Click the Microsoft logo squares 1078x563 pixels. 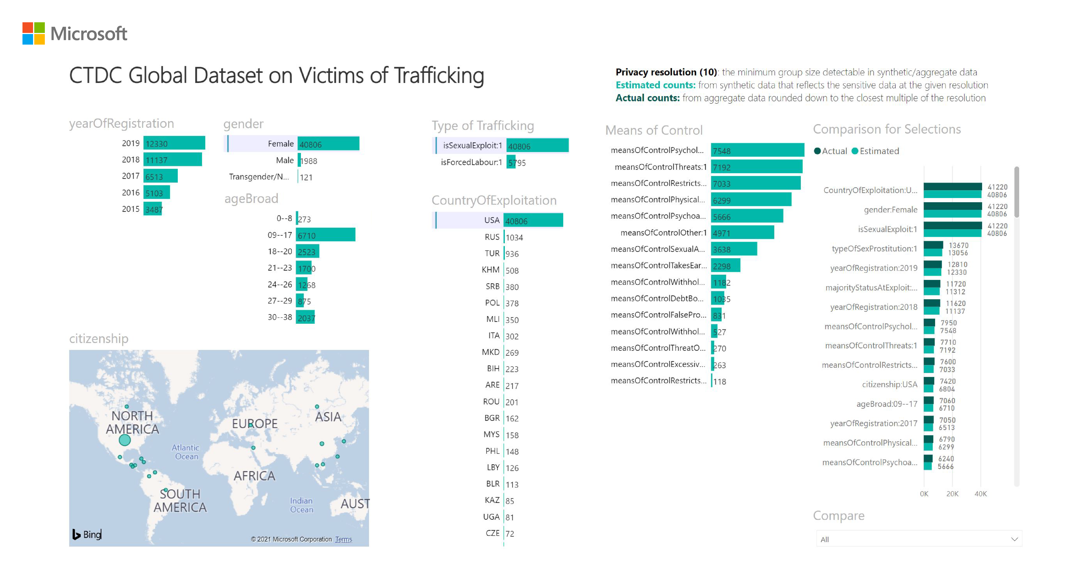pos(33,33)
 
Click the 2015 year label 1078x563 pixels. pos(131,209)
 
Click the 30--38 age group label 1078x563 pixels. pos(280,317)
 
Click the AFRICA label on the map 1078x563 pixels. pos(254,476)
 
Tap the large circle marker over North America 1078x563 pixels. pos(125,440)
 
